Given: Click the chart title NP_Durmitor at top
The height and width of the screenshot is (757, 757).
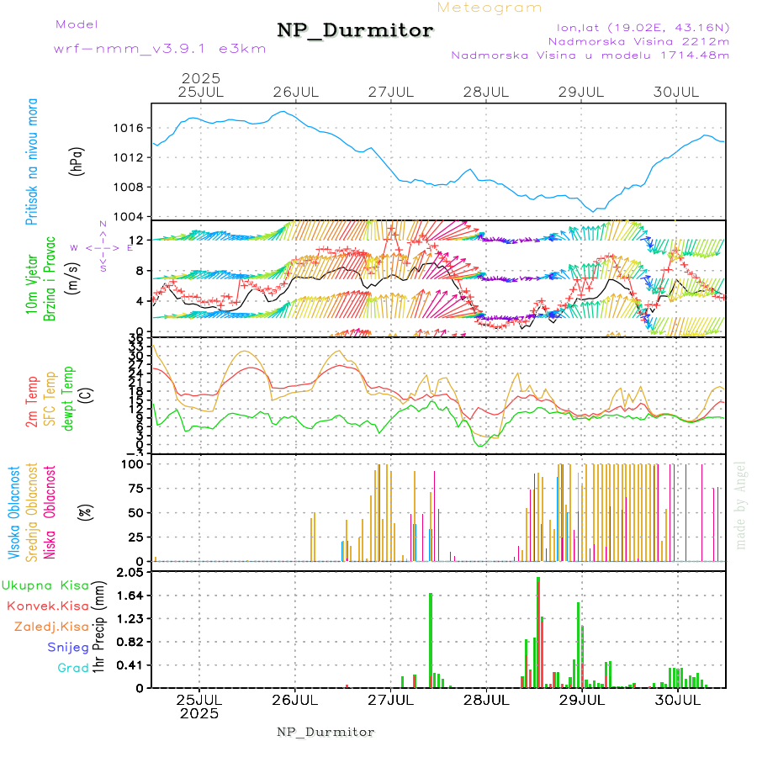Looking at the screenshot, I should click(x=355, y=31).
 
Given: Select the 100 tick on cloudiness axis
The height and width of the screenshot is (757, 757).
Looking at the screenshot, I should click(x=135, y=463).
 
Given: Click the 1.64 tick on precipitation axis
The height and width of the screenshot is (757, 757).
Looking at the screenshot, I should click(x=132, y=596).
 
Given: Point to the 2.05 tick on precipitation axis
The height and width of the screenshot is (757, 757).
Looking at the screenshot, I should click(x=132, y=573).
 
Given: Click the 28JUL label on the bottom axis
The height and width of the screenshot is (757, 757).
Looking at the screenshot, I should click(x=486, y=700).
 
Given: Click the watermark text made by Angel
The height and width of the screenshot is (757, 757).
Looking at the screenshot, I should click(x=741, y=505).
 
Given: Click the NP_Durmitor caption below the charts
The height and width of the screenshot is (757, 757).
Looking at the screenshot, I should click(x=326, y=732).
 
